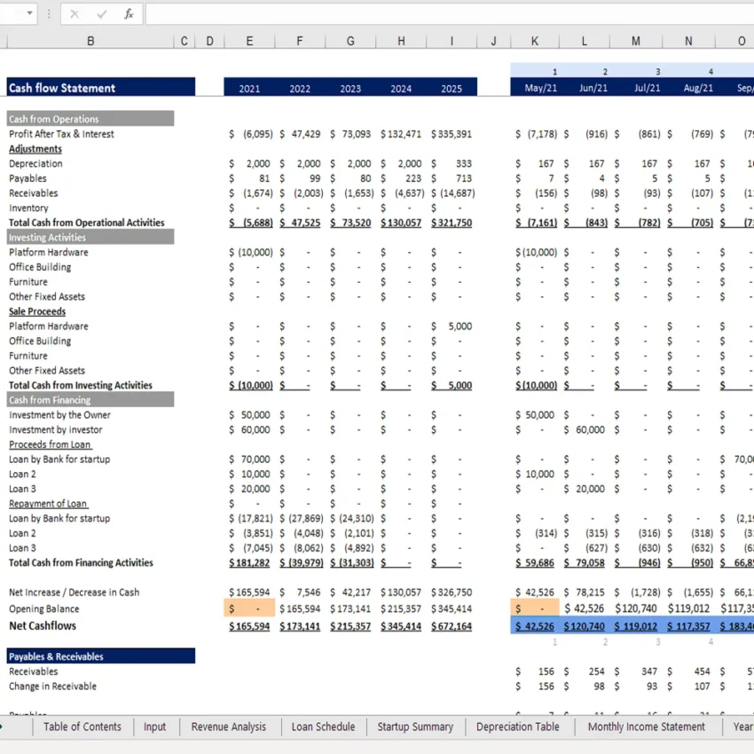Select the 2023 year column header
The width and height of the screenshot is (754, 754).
click(x=350, y=89)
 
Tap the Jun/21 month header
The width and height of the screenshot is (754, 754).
click(x=593, y=89)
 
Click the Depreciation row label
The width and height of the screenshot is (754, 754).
click(x=36, y=164)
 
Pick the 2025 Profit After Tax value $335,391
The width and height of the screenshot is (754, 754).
click(x=452, y=134)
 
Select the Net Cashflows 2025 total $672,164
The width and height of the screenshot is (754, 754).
click(x=452, y=626)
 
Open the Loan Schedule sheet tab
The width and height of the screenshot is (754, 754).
click(x=323, y=727)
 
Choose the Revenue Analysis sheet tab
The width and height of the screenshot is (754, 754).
click(x=229, y=727)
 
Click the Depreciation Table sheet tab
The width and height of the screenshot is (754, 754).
click(x=518, y=727)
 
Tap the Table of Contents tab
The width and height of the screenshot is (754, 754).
click(x=82, y=727)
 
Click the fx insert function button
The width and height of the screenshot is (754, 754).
click(x=129, y=14)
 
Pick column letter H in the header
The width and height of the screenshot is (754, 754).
click(x=401, y=41)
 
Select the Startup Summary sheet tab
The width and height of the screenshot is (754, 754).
click(x=415, y=727)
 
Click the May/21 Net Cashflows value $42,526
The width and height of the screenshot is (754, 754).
click(x=536, y=626)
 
